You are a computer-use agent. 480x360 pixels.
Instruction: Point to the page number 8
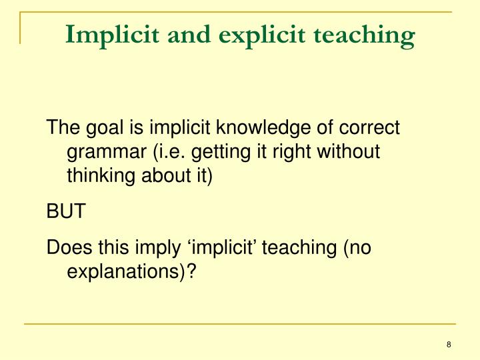pos(449,345)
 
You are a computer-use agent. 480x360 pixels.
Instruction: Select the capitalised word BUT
pos(65,212)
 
